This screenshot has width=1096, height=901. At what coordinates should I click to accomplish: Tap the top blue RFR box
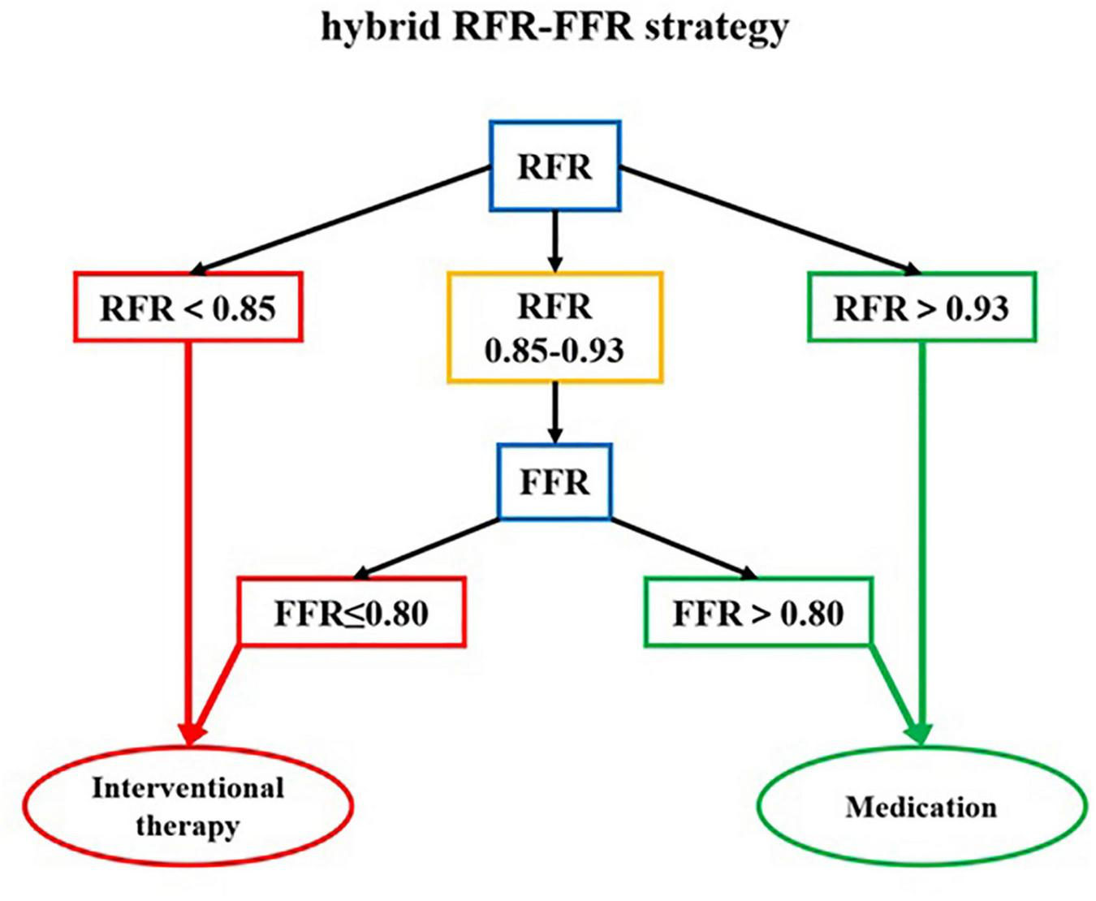point(554,167)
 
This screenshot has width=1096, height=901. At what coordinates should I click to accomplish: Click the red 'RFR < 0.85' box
point(188,308)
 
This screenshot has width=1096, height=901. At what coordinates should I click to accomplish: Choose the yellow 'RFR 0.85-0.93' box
point(554,328)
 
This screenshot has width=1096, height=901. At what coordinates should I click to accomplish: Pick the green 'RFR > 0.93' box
point(921,308)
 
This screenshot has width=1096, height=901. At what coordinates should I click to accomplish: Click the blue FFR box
point(554,482)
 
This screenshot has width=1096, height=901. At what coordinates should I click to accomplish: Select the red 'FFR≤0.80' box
point(351,612)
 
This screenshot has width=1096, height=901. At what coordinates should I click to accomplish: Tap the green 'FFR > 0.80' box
point(758,612)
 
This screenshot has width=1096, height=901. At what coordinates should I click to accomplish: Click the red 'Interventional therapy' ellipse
point(188,806)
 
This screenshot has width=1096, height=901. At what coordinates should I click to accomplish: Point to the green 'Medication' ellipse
point(921,806)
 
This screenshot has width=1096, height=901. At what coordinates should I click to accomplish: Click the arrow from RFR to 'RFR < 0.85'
point(341,219)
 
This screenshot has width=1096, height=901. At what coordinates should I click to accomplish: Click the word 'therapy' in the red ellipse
point(188,826)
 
